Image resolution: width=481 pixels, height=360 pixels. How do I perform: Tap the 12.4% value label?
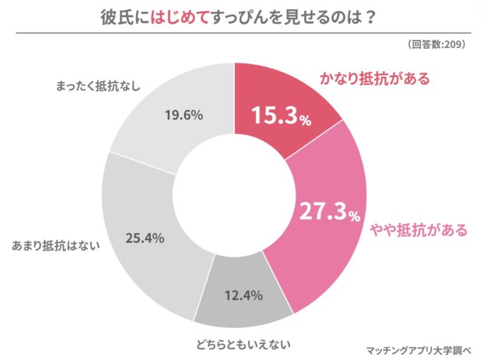point(243,295)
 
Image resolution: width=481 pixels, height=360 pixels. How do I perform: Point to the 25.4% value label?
point(144,238)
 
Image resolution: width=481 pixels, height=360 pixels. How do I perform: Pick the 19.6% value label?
point(183,114)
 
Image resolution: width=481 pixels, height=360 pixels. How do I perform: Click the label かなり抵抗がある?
point(374,78)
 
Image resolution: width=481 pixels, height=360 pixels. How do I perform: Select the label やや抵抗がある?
point(418,230)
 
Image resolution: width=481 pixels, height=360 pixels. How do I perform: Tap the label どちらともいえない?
point(241,343)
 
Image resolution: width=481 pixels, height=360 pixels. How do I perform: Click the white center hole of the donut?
point(236,195)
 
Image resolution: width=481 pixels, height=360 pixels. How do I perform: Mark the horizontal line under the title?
point(240,33)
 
